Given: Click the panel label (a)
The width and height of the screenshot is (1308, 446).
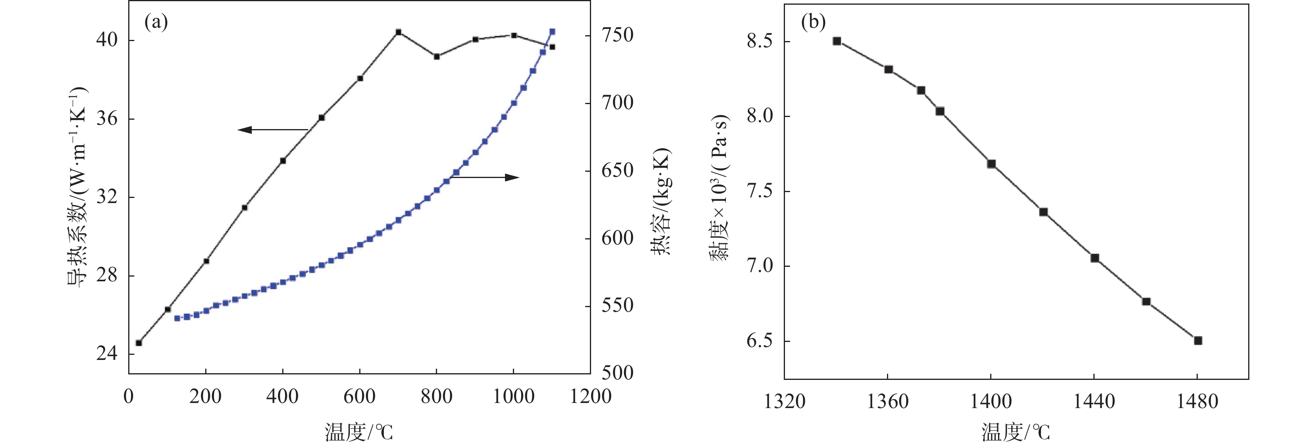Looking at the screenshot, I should coord(156,22).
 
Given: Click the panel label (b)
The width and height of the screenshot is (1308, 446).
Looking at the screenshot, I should coord(813,22).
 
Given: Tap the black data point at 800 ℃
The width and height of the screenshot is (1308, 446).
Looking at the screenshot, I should coord(437,56).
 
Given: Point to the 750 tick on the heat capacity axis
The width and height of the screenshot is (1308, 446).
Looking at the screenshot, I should coord(617,36).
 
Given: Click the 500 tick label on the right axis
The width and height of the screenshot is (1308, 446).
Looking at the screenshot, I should coord(617,373).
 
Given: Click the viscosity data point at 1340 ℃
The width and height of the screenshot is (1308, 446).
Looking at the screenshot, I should coord(837,41).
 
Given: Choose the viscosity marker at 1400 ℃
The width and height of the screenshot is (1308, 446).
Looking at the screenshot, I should coord(991,164).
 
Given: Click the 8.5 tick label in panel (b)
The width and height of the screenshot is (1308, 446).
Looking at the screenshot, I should coord(760,41).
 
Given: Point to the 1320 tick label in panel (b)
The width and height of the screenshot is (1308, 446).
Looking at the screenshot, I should coord(785,402).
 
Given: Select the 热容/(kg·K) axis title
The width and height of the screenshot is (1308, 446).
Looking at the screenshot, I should coord(661,201).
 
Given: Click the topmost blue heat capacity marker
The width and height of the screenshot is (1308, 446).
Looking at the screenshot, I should coord(552,32).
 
